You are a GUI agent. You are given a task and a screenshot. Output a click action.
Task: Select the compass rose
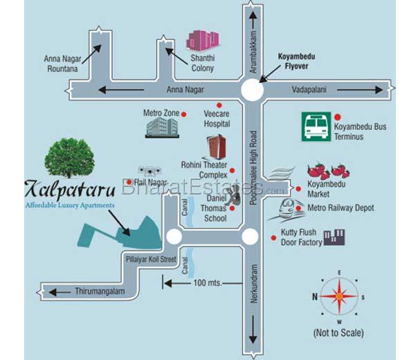(x=339, y=296)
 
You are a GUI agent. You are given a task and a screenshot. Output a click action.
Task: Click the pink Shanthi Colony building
(x=202, y=40)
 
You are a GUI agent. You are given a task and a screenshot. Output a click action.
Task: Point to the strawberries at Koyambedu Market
(x=327, y=171)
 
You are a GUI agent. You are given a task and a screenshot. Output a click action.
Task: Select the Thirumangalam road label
(x=99, y=291)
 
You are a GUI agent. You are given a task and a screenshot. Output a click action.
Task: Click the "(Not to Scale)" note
(x=338, y=333)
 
